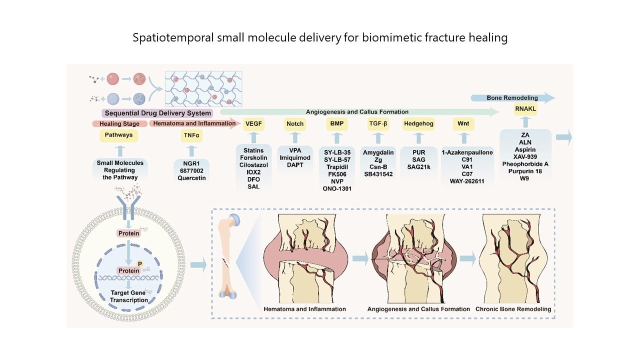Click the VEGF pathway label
tap(253, 123)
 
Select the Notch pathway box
tap(295, 123)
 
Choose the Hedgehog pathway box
tap(418, 123)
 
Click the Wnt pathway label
tap(464, 123)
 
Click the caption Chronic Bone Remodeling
tap(513, 309)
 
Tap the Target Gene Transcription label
tap(129, 296)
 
